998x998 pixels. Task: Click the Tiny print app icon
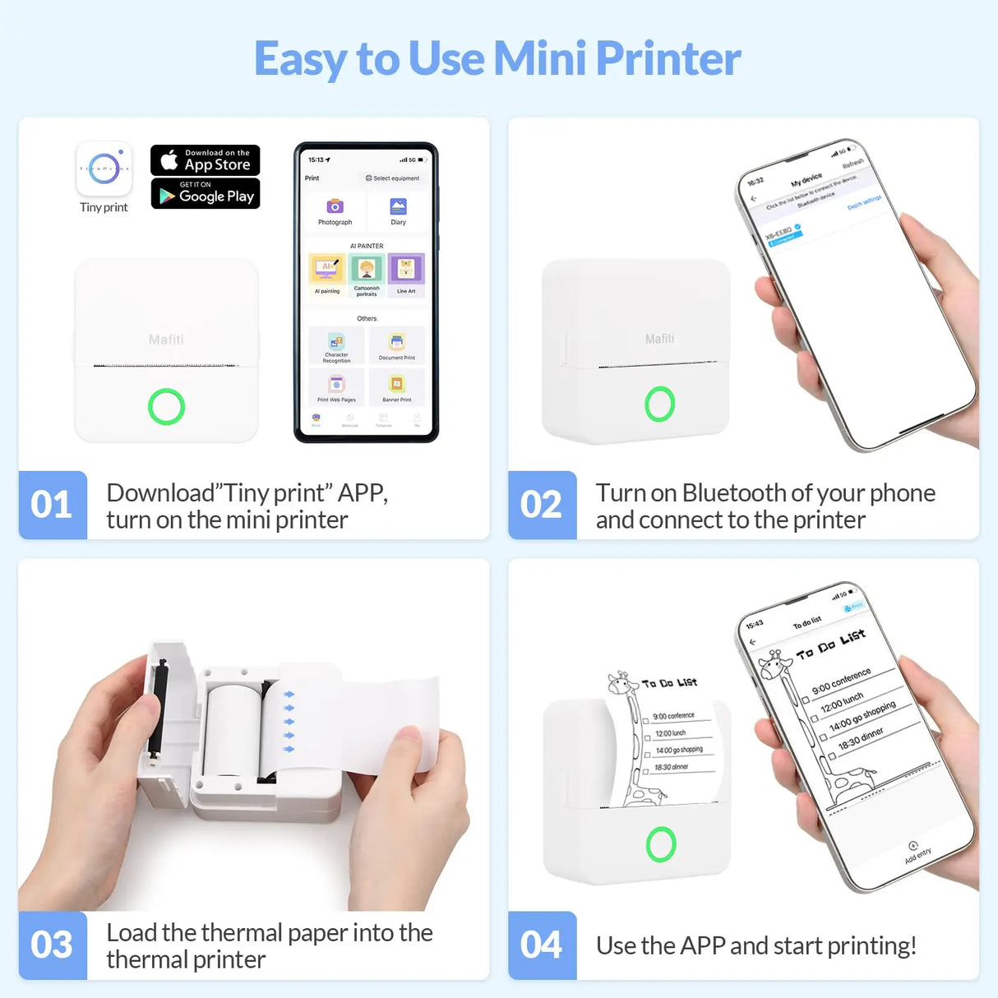104,169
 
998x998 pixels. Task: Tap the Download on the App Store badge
206,159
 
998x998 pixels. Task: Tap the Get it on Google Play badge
206,194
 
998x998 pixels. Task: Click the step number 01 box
53,505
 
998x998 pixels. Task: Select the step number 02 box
542,505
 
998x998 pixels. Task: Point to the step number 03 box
53,945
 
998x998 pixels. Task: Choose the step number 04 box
542,945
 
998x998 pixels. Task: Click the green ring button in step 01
166,406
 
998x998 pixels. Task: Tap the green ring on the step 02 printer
659,404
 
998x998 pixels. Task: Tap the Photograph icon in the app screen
335,207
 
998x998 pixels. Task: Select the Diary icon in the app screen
398,207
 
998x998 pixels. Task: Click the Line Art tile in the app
406,270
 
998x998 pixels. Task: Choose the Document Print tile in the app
397,344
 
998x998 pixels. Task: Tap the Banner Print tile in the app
397,386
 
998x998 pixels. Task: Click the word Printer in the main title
668,59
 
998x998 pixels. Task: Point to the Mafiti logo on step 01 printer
166,340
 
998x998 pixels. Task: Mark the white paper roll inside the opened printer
233,732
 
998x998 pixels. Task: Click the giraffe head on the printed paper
620,682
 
